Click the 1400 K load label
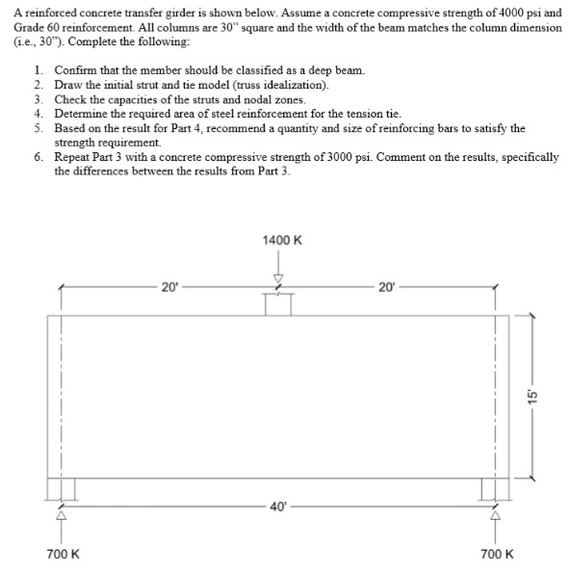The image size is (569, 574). click(280, 239)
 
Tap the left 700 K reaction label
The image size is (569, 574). click(64, 555)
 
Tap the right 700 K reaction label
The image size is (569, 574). click(498, 555)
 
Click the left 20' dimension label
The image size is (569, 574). click(169, 286)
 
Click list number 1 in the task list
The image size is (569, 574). click(37, 71)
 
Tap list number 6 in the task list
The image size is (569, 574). click(37, 156)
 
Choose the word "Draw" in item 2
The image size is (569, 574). click(68, 86)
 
